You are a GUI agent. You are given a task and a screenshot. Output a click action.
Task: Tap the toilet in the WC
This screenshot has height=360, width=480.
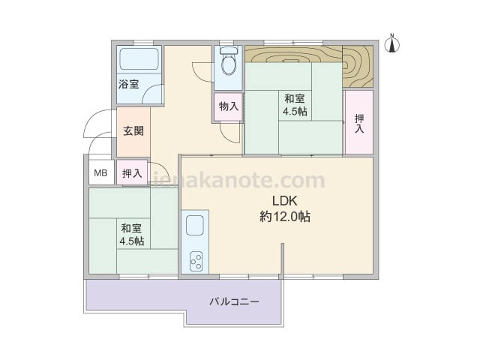pyautogui.click(x=228, y=61)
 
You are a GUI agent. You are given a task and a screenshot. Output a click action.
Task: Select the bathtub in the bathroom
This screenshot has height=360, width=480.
pyautogui.click(x=139, y=58)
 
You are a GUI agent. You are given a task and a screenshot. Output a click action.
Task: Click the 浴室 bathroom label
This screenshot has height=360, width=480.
pyautogui.click(x=129, y=84)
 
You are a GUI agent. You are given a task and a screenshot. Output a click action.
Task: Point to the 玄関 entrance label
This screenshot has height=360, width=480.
pyautogui.click(x=133, y=131)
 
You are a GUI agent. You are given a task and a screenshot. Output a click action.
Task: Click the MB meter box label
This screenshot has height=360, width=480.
pyautogui.click(x=100, y=173)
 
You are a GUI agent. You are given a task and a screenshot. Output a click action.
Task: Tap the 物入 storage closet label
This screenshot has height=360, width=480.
pyautogui.click(x=229, y=106)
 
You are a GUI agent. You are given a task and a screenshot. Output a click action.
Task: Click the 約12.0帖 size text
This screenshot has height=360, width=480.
pyautogui.click(x=285, y=217)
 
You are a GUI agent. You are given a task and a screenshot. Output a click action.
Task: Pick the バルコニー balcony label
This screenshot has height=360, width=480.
pyautogui.click(x=235, y=301)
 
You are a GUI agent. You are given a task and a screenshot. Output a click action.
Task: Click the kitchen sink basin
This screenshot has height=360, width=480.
pyautogui.click(x=195, y=225)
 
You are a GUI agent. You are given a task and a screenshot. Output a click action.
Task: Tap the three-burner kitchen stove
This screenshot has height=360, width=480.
pyautogui.click(x=196, y=261)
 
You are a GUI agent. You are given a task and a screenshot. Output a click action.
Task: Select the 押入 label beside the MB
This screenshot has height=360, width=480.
pyautogui.click(x=132, y=173)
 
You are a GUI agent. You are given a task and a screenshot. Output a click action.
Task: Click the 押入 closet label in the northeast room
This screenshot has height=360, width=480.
pyautogui.click(x=359, y=123)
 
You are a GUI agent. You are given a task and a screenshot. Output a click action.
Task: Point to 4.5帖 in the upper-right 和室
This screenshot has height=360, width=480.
pyautogui.click(x=295, y=111)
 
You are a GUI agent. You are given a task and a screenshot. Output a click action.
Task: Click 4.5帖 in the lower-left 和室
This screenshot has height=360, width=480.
pyautogui.click(x=132, y=241)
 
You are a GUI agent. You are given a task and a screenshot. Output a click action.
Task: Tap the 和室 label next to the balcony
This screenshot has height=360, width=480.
pyautogui.click(x=131, y=228)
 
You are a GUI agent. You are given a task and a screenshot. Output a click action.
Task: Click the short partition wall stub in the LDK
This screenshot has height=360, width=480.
pyautogui.click(x=283, y=261)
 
